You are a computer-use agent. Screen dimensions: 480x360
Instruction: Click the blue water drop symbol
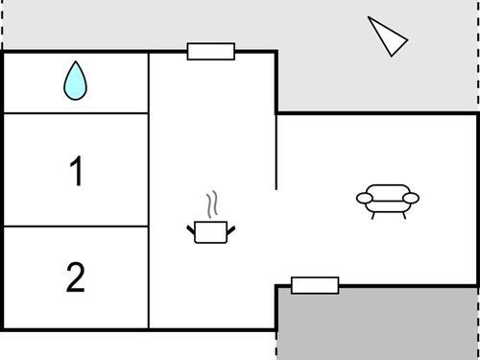pyautogui.click(x=75, y=81)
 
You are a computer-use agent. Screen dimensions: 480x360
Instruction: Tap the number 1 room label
pyautogui.click(x=76, y=173)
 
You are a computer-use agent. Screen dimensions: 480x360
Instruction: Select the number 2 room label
pyautogui.click(x=76, y=277)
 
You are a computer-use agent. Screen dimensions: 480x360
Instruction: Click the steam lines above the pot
pyautogui.click(x=212, y=204)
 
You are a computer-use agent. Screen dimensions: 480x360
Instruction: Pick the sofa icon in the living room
pyautogui.click(x=388, y=200)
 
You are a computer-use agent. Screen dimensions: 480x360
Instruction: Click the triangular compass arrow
pyautogui.click(x=387, y=36)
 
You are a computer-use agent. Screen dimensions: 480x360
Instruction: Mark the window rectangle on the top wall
pyautogui.click(x=211, y=51)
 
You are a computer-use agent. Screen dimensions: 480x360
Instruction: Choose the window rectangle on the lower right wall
pyautogui.click(x=315, y=285)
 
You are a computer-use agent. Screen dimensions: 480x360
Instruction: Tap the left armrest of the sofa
pyautogui.click(x=365, y=199)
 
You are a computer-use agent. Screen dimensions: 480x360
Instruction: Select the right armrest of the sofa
pyautogui.click(x=411, y=198)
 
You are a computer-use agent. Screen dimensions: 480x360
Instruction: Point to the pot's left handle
pyautogui.click(x=191, y=228)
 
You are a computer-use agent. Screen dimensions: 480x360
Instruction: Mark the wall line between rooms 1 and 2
pyautogui.click(x=76, y=227)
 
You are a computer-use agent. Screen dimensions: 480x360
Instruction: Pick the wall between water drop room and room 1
pyautogui.click(x=76, y=113)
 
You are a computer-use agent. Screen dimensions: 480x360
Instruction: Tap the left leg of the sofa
pyautogui.click(x=374, y=214)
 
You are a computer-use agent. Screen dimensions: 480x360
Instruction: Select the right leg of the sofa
pyautogui.click(x=403, y=214)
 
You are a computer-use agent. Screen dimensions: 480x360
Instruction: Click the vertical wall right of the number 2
pyautogui.click(x=149, y=277)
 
